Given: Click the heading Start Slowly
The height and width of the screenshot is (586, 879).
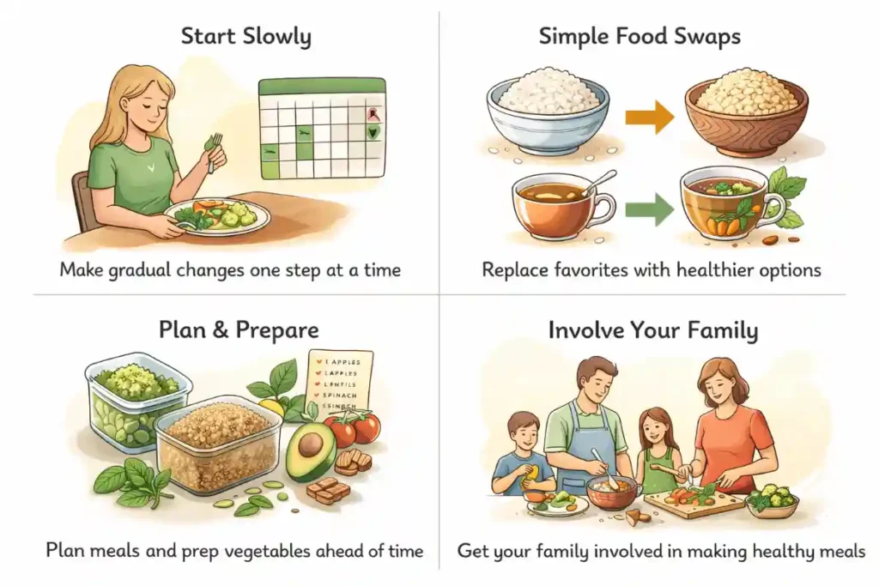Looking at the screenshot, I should pos(246,37).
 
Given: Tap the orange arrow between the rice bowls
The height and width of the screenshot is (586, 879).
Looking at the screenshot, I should pos(650,118).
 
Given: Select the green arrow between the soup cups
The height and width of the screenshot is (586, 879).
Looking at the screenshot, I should pos(650,208).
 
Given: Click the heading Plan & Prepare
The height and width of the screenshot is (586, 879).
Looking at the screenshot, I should pos(239,330).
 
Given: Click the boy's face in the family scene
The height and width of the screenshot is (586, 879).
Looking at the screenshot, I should pos(523,434).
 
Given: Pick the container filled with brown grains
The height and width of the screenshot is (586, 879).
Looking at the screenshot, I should pos(218,444).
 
